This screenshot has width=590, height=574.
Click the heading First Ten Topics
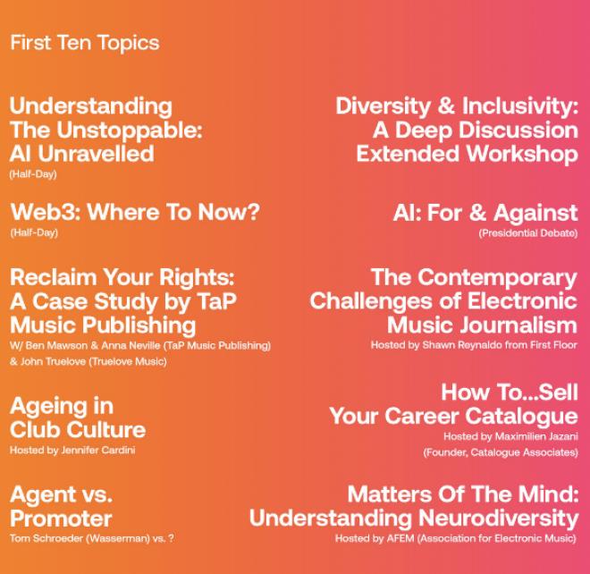coord(85,43)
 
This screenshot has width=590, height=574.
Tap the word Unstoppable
coord(130,131)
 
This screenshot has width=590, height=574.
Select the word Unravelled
coord(96,154)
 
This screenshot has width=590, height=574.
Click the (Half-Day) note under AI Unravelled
coord(33,174)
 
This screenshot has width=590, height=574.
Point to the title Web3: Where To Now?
coord(135,212)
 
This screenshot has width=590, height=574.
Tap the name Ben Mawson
coord(56,345)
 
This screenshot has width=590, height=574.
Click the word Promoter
coord(61,519)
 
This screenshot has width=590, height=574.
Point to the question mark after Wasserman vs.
coord(172,538)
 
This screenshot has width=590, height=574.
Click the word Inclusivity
coord(520,106)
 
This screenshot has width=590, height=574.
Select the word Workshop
coord(522,154)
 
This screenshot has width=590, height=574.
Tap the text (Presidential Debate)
coord(528,233)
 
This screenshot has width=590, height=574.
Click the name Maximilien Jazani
coord(536,436)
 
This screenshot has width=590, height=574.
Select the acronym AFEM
coord(400,538)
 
